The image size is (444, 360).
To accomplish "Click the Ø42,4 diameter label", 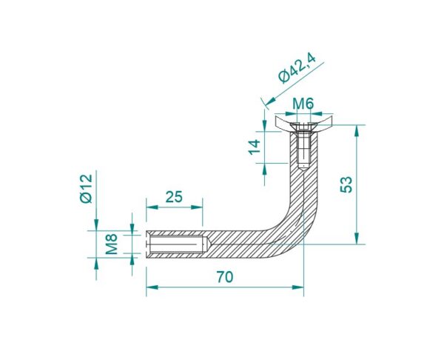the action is pos(297,69).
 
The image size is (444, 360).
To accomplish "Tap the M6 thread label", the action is pos(303,104).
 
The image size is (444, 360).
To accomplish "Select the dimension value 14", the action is pos(255,147).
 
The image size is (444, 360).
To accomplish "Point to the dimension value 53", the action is pos(346,184).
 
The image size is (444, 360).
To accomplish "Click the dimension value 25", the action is pos(174,197).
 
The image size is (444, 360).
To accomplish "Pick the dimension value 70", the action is pos(225,277).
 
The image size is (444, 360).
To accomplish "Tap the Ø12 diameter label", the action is pos(86,188).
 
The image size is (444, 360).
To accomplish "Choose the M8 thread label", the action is pos(111,244).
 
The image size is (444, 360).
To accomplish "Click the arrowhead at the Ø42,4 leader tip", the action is pos(270,101).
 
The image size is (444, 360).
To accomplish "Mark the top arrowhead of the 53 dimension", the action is pos(357,130).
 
